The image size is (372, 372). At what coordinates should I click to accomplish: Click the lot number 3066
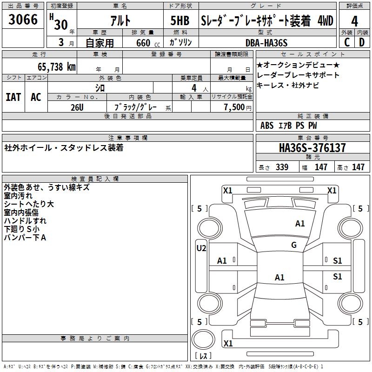pos(23,20)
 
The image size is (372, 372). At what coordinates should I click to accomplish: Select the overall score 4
pos(354,21)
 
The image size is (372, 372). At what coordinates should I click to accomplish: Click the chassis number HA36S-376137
pos(312,148)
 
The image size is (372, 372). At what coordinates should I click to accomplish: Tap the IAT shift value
pos(13,97)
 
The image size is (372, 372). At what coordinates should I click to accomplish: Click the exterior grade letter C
pos(347,42)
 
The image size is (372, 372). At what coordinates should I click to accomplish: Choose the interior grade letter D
pos(362,42)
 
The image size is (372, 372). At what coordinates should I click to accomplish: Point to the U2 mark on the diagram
pos(201,248)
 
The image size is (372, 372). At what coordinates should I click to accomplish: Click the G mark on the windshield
pos(294,245)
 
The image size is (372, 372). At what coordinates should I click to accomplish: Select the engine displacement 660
pos(143,43)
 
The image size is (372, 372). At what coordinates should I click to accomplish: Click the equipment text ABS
pos(267,126)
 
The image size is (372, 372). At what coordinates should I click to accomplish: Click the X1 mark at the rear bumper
pos(228,344)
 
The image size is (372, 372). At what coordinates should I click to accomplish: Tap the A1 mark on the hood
pos(300,224)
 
